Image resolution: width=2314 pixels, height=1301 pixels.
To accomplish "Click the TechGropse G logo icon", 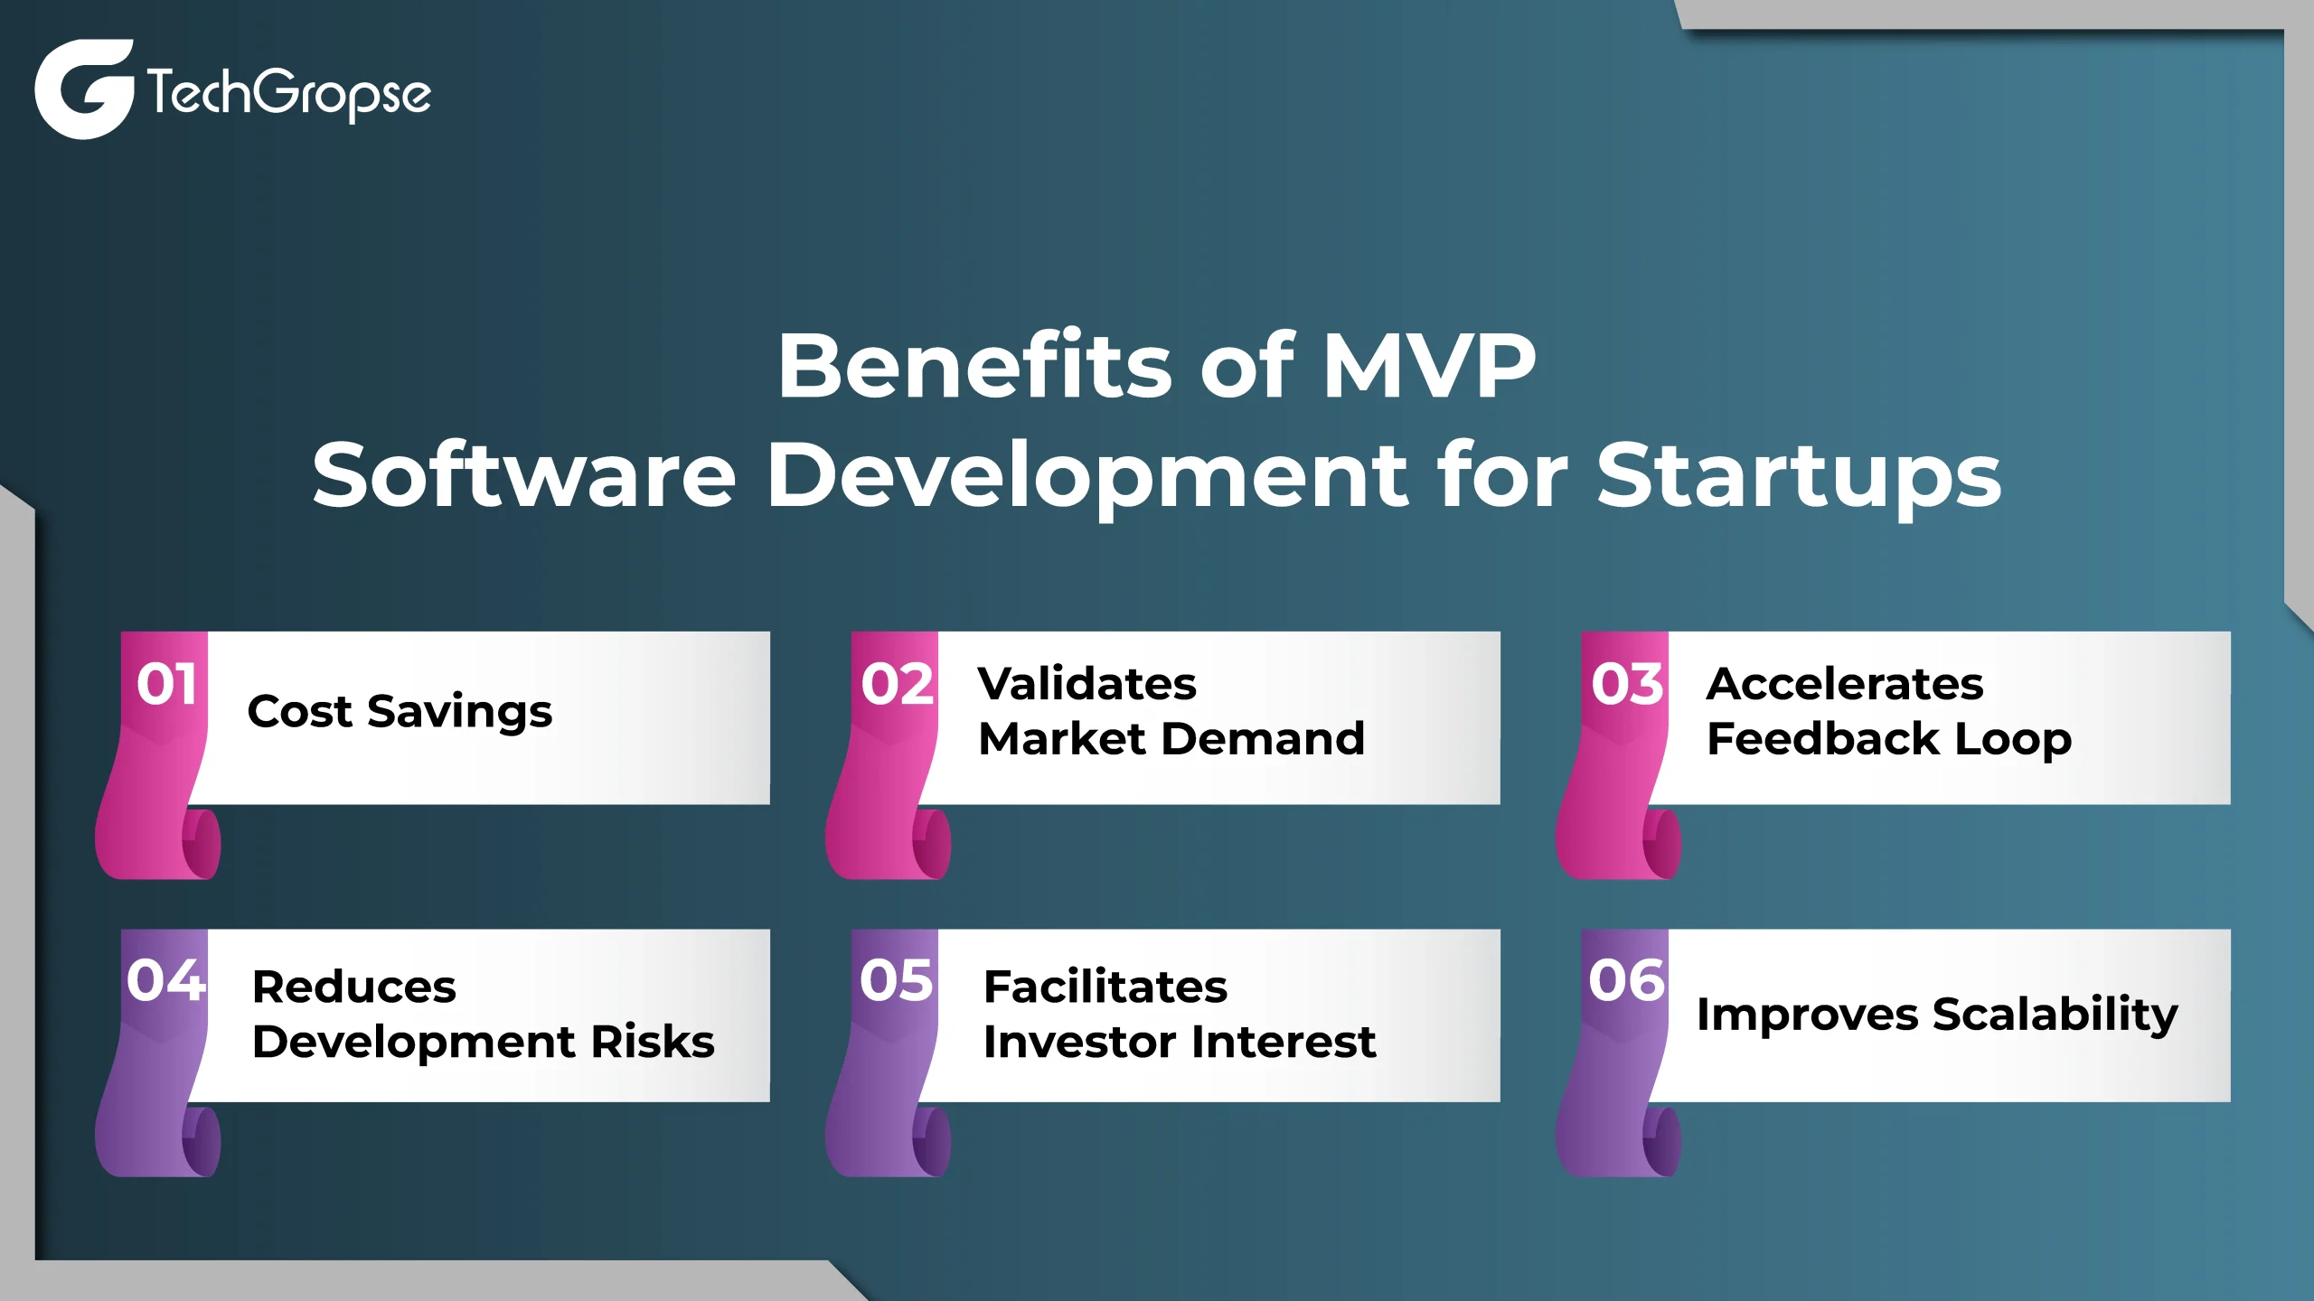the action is tap(84, 89).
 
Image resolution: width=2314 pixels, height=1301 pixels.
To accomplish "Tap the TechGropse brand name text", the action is tap(289, 92).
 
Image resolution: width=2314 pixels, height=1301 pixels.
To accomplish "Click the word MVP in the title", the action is tap(1429, 365).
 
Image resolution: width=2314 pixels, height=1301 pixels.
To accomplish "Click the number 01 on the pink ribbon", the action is tap(167, 684).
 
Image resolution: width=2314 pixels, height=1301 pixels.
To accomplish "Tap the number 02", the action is tap(897, 684).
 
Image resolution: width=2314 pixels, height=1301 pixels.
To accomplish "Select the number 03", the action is tap(1627, 684).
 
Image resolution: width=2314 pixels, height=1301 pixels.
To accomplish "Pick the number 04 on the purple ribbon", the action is tap(166, 980).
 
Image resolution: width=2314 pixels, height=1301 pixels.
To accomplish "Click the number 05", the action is tap(897, 980).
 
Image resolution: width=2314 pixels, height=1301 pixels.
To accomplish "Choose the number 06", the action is tap(1627, 980).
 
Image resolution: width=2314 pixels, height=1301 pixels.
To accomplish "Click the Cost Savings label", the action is tap(400, 713).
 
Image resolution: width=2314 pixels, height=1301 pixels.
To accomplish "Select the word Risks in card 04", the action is tap(653, 1042).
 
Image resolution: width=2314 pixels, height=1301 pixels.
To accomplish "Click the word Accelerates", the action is tap(1845, 684).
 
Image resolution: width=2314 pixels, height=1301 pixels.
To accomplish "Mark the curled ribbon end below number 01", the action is tap(201, 844).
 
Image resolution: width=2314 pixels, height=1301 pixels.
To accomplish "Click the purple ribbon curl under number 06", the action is tap(1661, 1141).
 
